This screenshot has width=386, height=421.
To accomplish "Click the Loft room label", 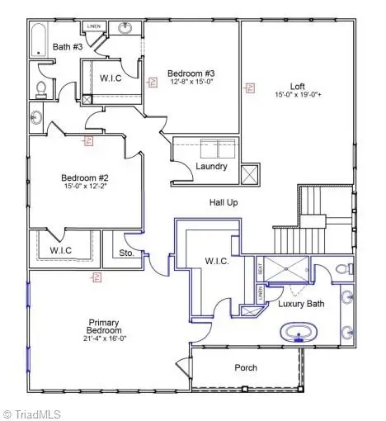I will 298,86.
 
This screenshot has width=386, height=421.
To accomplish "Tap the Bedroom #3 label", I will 189,72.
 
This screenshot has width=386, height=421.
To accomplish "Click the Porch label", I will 245,367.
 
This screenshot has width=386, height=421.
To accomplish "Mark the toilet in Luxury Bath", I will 345,268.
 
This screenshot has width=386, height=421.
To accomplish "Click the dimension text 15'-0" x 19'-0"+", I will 298,95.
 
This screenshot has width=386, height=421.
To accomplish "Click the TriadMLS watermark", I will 32,412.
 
